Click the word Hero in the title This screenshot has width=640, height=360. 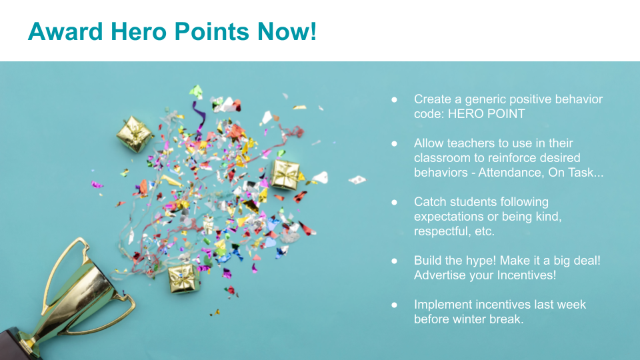pos(139,31)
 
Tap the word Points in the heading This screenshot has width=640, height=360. pos(211,31)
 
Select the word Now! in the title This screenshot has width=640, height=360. pos(287,31)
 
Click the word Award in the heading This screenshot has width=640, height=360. pos(65,31)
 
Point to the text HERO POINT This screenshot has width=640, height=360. pos(487,114)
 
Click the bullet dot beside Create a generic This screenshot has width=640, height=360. pos(394,99)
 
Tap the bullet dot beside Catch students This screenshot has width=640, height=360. pos(394,202)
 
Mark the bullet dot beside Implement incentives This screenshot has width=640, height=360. pos(394,305)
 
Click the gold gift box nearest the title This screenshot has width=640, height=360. pos(134,134)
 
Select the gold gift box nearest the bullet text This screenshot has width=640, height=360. pos(286,175)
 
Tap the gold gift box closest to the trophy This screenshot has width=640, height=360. pos(183,279)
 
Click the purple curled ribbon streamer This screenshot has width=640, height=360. pos(199,116)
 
